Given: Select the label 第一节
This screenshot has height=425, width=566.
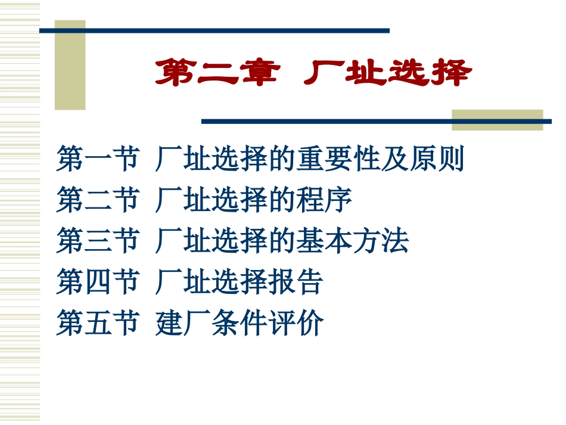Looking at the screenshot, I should [x=98, y=159].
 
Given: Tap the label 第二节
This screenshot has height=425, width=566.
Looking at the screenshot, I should [x=98, y=200].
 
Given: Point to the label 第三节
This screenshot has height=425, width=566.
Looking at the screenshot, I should [x=98, y=241].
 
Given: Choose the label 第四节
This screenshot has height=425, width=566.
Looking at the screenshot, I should [x=98, y=281].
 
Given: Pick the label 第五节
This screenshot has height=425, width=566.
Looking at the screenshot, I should [x=98, y=323].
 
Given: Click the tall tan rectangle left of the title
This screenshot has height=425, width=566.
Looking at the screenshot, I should [x=70, y=66].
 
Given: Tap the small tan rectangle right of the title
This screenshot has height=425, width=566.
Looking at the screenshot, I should [x=497, y=119].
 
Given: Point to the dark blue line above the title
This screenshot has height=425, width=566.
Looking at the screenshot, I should [x=214, y=30].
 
